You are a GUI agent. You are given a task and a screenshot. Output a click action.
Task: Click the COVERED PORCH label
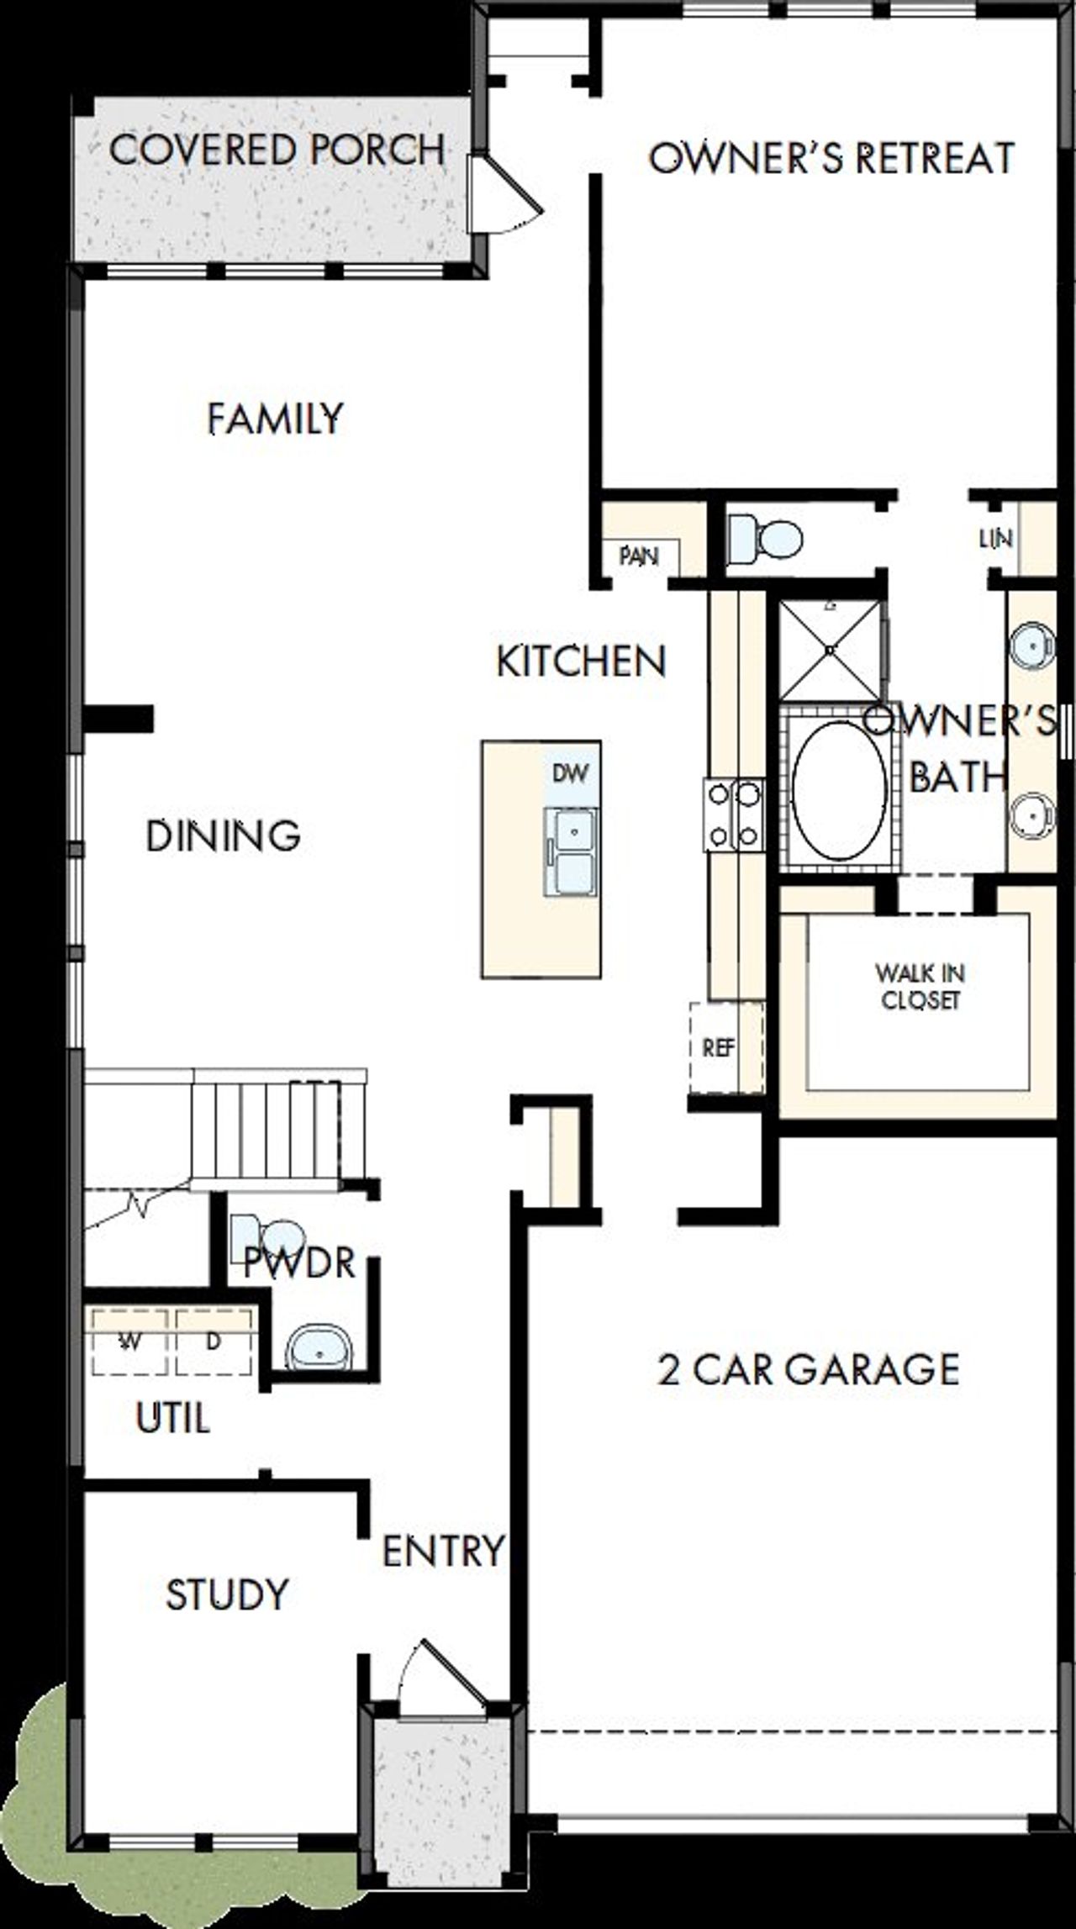coord(277,150)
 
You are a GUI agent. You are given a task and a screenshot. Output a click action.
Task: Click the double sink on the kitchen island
coord(571,851)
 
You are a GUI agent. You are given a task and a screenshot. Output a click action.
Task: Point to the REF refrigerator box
coord(718,1047)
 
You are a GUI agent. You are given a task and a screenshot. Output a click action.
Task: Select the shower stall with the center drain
coord(831,649)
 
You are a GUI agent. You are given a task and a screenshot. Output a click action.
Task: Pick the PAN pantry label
coord(639,556)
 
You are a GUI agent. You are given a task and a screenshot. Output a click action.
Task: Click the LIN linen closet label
coord(996,539)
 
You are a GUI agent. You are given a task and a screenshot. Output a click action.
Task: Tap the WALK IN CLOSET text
coord(920,987)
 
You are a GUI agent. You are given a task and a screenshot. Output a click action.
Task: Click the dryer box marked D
coord(214,1342)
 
